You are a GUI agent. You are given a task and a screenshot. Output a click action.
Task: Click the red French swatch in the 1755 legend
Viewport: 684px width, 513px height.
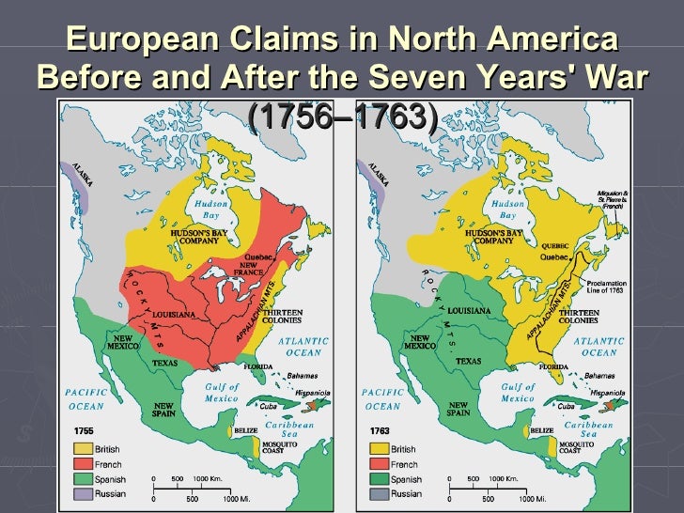coord(83,464)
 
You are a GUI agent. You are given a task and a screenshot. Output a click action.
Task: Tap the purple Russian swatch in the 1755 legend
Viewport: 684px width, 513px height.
coord(83,493)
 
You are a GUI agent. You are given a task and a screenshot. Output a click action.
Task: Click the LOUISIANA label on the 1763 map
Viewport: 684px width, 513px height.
coord(469,310)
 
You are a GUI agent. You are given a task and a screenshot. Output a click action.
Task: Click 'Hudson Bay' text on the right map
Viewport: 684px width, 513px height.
coord(507,209)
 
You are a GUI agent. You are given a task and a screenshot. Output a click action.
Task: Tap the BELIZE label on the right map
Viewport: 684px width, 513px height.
coord(542,430)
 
